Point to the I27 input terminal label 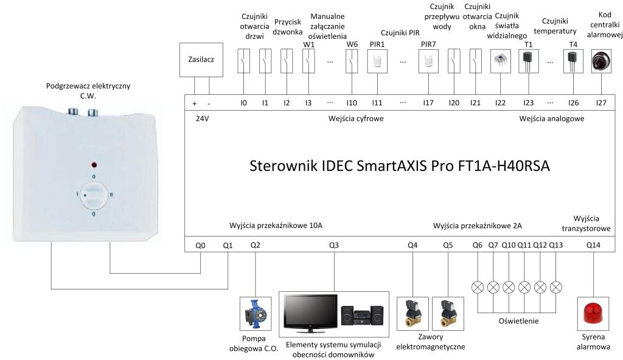click(601, 103)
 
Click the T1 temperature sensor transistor click(527, 60)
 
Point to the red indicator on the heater click(94, 165)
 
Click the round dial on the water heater click(94, 195)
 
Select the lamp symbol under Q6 click(478, 286)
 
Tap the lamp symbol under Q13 click(555, 286)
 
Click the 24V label click(201, 119)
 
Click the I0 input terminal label click(243, 103)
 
